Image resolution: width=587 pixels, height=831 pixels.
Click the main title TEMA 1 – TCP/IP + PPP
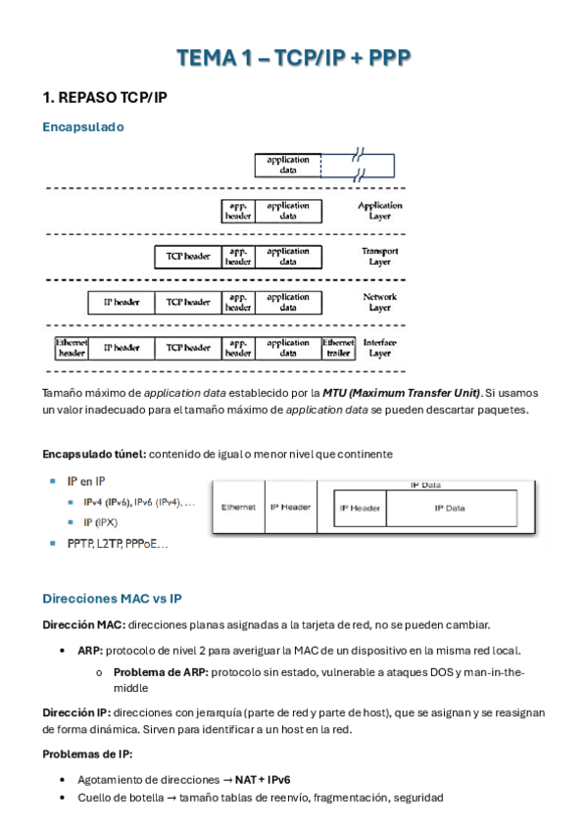tap(293, 59)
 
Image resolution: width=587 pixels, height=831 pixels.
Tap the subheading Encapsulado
tap(83, 127)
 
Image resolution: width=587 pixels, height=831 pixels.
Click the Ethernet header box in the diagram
tap(72, 348)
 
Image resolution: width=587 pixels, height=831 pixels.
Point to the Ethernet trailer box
tap(338, 348)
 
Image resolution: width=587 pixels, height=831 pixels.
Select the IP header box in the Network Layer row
tap(121, 303)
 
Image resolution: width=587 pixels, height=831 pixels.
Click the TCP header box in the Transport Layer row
tap(188, 257)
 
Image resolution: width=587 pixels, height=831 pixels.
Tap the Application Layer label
tap(379, 211)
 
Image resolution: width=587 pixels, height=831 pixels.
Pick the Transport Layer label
tap(379, 257)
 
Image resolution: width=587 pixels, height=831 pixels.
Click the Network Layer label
tap(379, 302)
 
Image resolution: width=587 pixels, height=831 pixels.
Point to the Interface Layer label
tap(379, 348)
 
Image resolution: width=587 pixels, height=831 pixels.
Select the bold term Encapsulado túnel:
tap(94, 455)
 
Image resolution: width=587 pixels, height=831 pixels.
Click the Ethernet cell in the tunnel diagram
tap(238, 508)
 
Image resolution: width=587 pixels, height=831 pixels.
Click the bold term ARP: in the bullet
tap(89, 651)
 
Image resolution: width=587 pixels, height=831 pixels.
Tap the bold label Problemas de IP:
tap(87, 754)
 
